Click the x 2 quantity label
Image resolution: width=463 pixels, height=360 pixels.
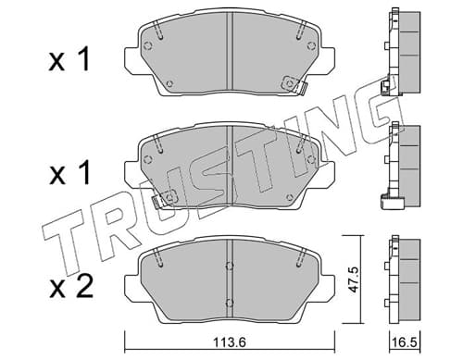pos(71,287)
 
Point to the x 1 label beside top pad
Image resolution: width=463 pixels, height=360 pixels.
pos(69,59)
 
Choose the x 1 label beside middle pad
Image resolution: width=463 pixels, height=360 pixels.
pos(69,173)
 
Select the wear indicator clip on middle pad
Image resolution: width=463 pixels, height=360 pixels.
pos(164,200)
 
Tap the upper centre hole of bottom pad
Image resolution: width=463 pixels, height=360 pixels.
pos(229,266)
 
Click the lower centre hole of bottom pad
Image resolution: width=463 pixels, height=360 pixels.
pos(229,303)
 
